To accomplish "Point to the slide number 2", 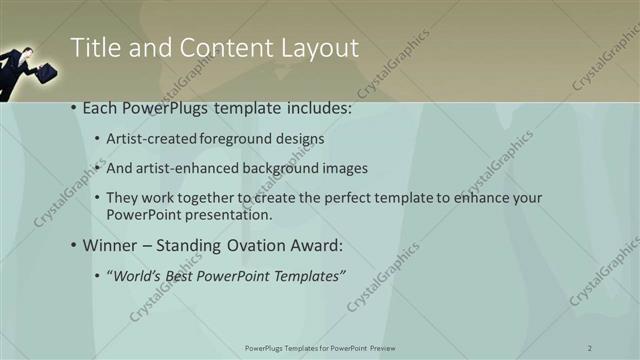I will (x=590, y=347).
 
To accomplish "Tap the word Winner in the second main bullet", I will (x=112, y=245).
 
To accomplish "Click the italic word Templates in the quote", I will (x=306, y=275).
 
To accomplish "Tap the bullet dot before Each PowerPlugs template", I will (x=74, y=108).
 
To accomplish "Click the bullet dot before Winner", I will (x=74, y=245).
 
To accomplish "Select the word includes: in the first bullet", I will (x=319, y=108).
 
